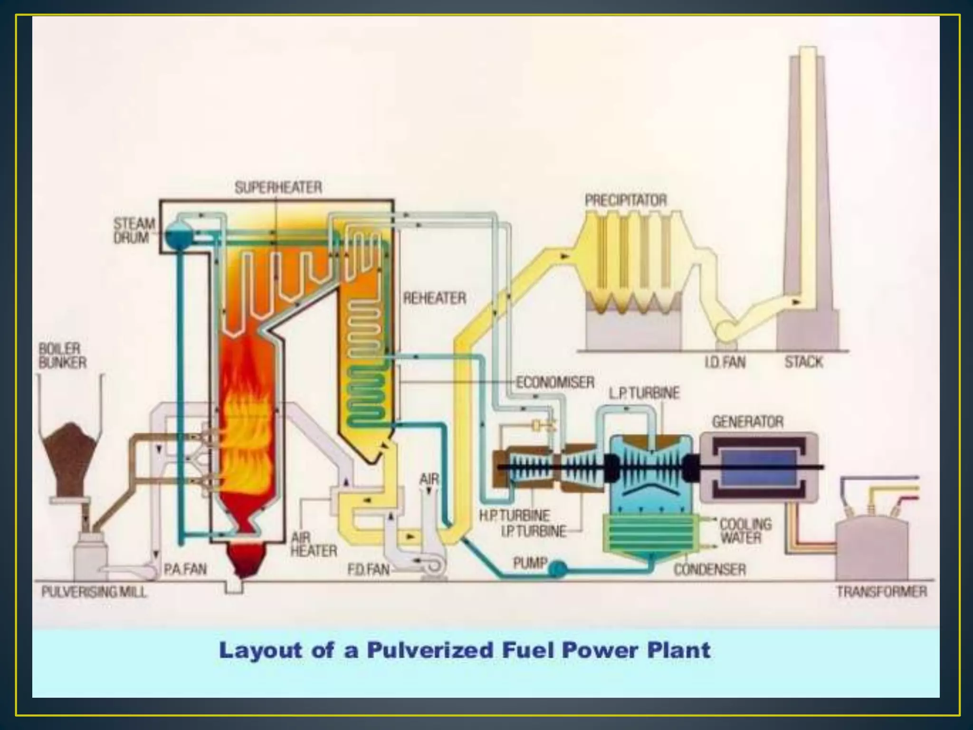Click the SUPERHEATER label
click(278, 187)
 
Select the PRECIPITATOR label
click(626, 200)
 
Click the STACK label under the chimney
click(803, 362)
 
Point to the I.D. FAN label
click(725, 363)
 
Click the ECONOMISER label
click(555, 382)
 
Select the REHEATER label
click(434, 298)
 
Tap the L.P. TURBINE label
click(644, 393)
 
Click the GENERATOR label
click(747, 422)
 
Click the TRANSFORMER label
click(882, 592)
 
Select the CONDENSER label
click(709, 569)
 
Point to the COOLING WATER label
click(745, 531)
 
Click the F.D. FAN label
click(368, 569)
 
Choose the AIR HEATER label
click(314, 545)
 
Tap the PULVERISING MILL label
click(94, 592)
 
